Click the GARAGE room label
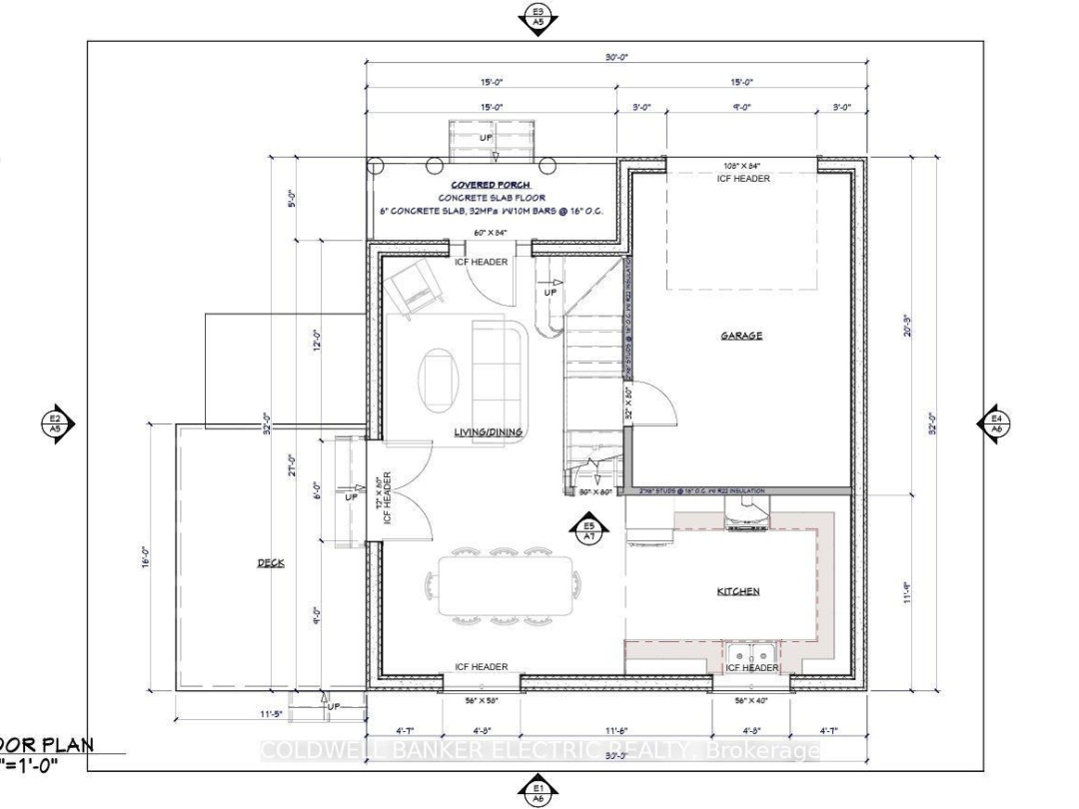(x=741, y=336)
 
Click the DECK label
(x=270, y=563)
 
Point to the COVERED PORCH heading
(x=491, y=185)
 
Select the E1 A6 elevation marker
(x=538, y=792)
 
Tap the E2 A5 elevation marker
(x=56, y=422)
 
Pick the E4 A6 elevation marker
(x=996, y=422)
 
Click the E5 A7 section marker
(x=589, y=529)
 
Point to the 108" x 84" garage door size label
(x=743, y=166)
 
